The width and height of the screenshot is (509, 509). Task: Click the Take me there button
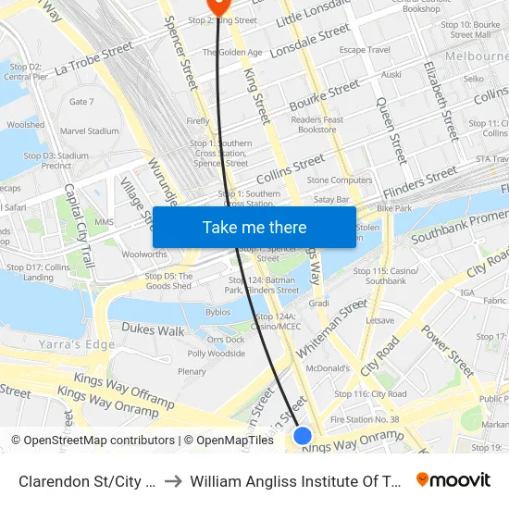pos(254,228)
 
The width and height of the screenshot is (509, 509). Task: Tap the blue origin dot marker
pos(303,435)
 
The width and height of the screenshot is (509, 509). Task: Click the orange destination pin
pos(218,6)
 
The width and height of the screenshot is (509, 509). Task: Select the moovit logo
pos(453,479)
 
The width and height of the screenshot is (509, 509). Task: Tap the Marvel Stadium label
pos(90,131)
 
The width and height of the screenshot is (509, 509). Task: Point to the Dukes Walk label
pos(152,330)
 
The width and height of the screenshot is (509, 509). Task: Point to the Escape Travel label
pos(365,50)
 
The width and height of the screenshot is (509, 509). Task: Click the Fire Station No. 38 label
pos(365,419)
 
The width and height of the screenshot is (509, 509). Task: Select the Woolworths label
pos(144,254)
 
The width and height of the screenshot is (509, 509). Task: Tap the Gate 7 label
pos(81,102)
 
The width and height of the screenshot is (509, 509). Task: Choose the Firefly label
pos(198,121)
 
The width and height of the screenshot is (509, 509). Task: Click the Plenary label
pos(192,372)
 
